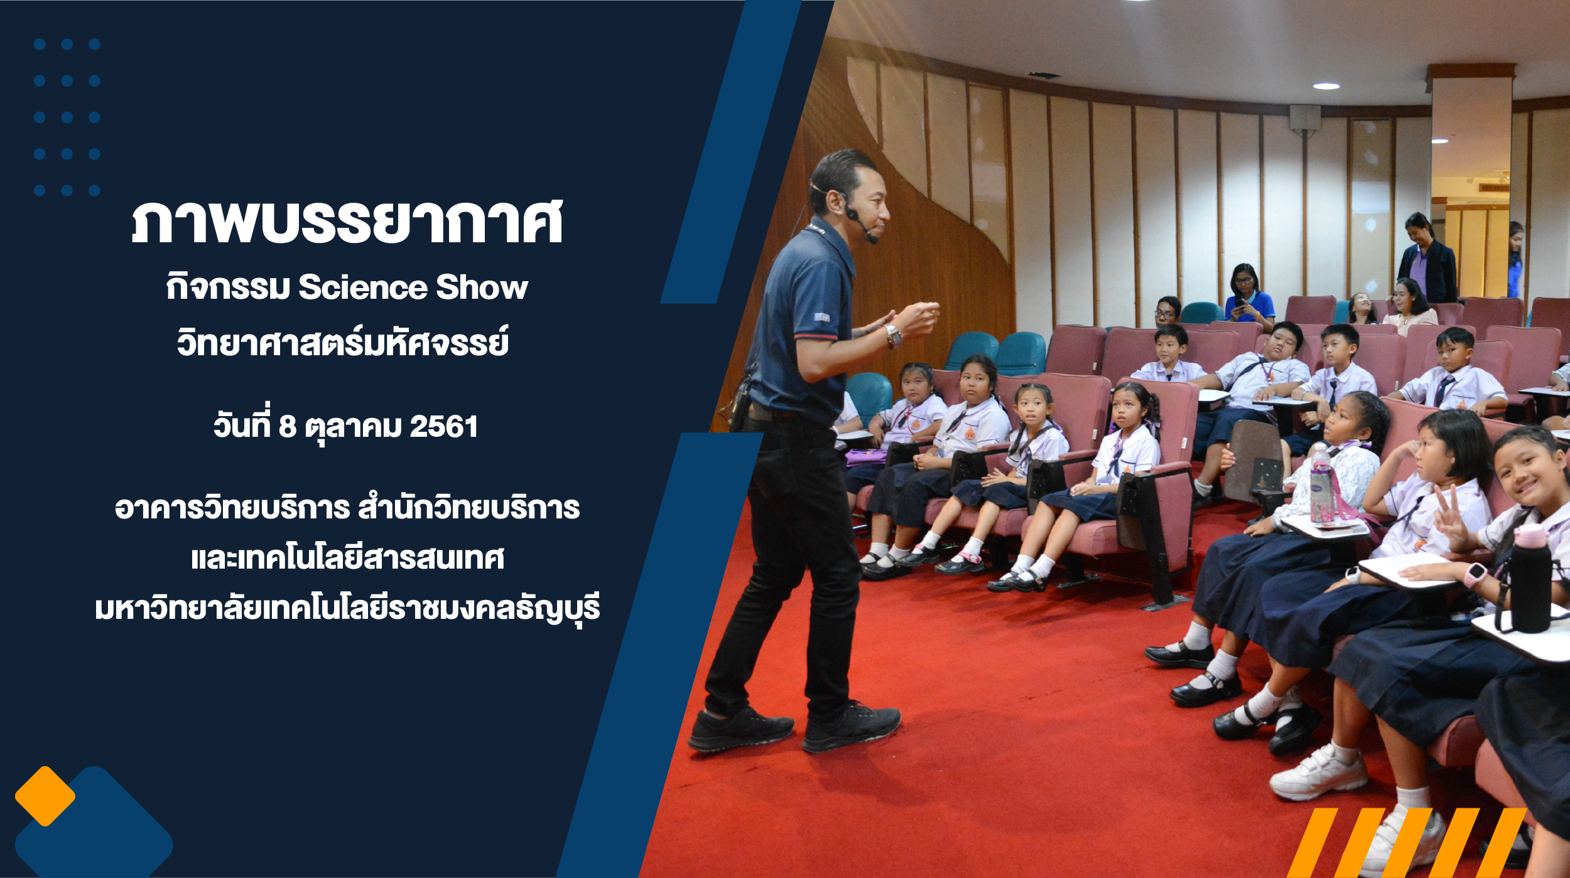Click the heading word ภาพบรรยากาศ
click(347, 222)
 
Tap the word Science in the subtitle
click(362, 287)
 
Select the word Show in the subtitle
click(482, 287)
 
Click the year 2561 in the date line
click(444, 427)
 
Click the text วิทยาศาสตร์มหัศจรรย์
click(343, 341)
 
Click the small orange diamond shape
click(45, 796)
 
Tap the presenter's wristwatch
click(892, 336)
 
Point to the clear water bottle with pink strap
click(1321, 484)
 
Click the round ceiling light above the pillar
click(1326, 87)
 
